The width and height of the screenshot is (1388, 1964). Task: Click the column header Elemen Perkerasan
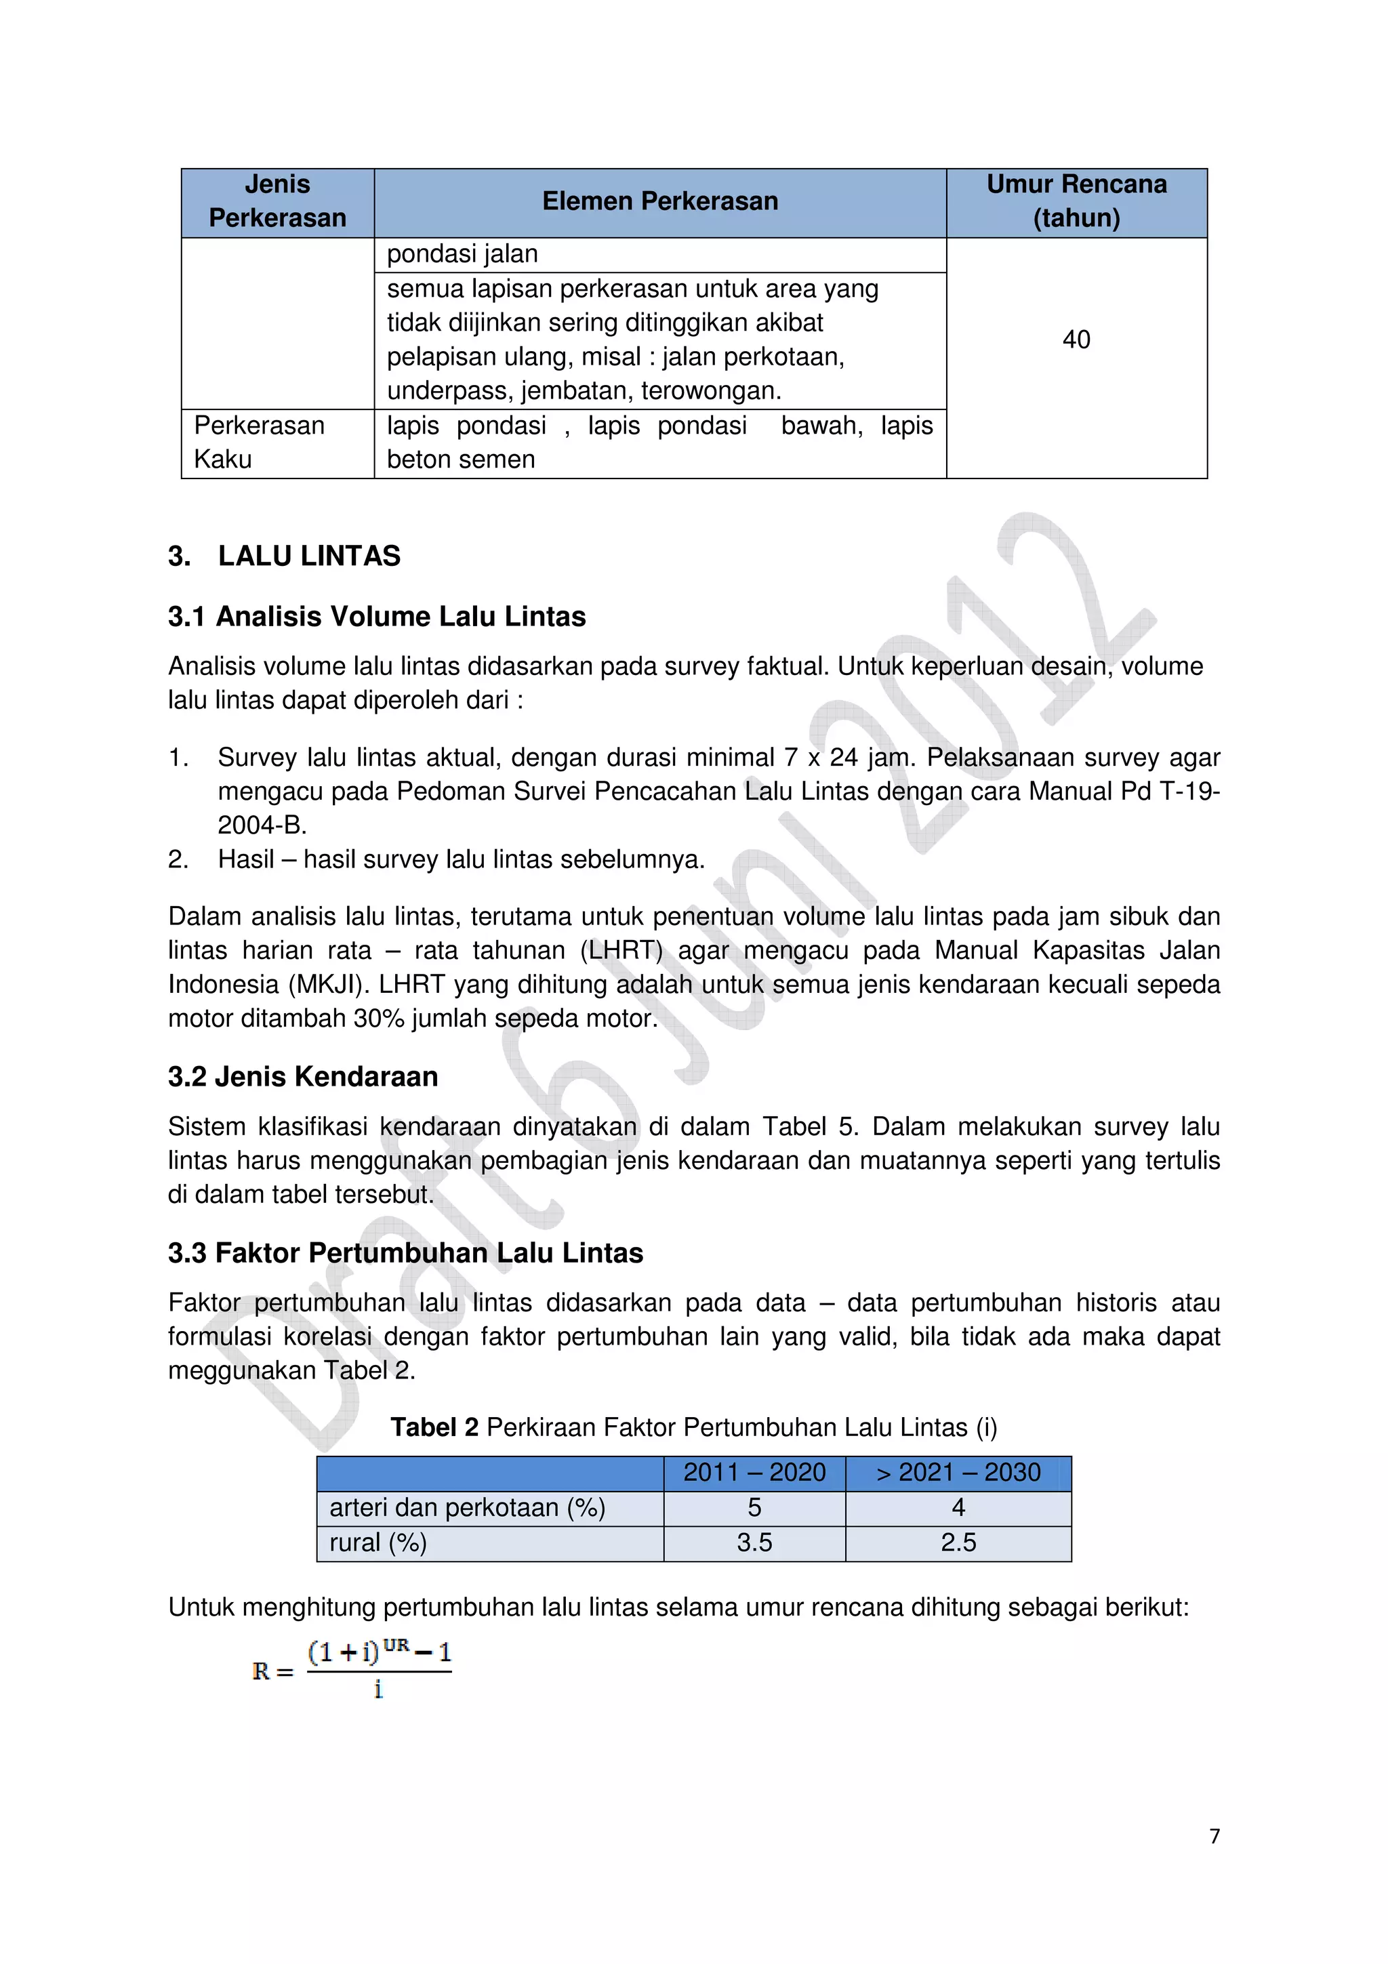[x=659, y=202]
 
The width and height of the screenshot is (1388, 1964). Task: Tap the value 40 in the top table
[x=1076, y=340]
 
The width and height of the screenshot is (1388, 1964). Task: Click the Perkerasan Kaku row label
[x=259, y=443]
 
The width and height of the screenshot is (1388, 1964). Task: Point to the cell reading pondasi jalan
[x=463, y=254]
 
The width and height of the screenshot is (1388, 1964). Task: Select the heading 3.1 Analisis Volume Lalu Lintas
[x=377, y=617]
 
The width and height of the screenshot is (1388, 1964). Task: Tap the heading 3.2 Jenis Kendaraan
[x=303, y=1077]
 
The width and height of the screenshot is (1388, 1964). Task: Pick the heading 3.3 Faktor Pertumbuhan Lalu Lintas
[x=405, y=1253]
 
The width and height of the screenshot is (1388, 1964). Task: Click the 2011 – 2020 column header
[x=754, y=1472]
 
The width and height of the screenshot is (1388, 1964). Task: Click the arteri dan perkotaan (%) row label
[x=467, y=1507]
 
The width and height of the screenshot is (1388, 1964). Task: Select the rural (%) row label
[x=378, y=1542]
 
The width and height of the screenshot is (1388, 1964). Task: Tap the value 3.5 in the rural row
[x=754, y=1542]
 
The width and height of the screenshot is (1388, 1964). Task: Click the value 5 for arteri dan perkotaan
[x=754, y=1507]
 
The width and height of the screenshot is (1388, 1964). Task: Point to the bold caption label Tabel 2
[x=434, y=1428]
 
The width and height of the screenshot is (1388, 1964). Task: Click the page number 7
[x=1214, y=1836]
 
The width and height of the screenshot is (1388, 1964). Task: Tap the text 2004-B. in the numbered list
[x=262, y=825]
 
